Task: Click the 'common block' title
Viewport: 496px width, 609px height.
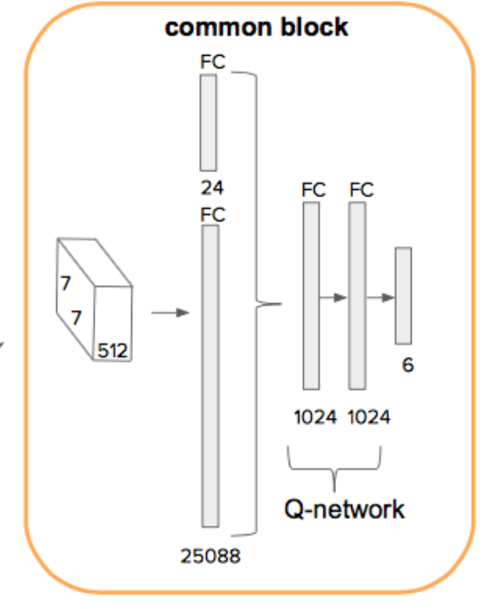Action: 256,28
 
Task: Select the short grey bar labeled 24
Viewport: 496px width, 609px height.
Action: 209,122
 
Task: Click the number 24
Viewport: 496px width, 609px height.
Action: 212,188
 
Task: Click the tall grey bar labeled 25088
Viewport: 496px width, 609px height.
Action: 211,375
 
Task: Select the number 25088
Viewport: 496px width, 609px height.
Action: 211,556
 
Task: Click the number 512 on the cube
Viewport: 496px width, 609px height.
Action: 114,351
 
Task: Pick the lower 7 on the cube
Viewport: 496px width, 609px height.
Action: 76,317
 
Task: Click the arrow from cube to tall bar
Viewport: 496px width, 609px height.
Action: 169,313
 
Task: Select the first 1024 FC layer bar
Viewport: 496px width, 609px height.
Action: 312,295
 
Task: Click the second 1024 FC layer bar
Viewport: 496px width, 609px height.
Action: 357,295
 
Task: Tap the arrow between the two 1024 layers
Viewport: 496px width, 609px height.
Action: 334,298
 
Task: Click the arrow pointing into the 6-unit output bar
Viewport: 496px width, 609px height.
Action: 381,298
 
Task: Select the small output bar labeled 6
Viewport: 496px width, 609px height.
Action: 403,295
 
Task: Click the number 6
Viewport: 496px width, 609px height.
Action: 408,364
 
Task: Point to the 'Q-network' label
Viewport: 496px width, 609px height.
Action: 344,508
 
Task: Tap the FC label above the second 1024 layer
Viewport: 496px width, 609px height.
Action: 362,190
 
